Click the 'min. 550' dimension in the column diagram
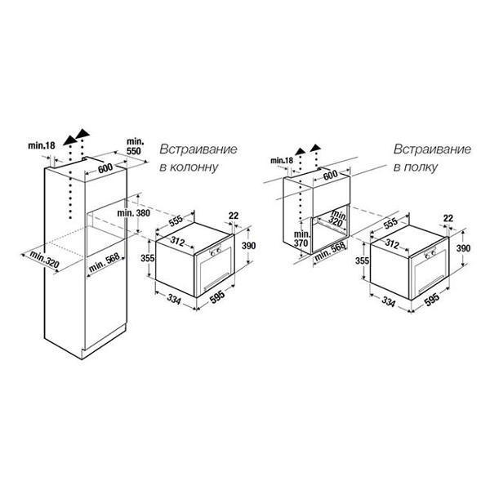coord(134,146)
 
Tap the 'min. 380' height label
coord(133,213)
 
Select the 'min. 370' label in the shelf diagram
coord(301,238)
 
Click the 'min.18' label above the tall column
coord(42,145)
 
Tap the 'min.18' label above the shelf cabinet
coord(282,161)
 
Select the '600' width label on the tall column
coord(105,168)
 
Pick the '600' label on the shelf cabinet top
coord(330,176)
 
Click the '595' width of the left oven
coord(217,296)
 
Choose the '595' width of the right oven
coord(432,300)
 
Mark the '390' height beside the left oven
coord(249,246)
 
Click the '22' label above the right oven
coord(448,218)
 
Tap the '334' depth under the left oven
coord(174,300)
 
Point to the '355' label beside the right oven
coord(362,261)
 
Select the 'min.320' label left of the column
coord(44,260)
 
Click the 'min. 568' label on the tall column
coord(104,263)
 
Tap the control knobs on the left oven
coord(216,252)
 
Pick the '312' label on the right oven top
coord(391,243)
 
